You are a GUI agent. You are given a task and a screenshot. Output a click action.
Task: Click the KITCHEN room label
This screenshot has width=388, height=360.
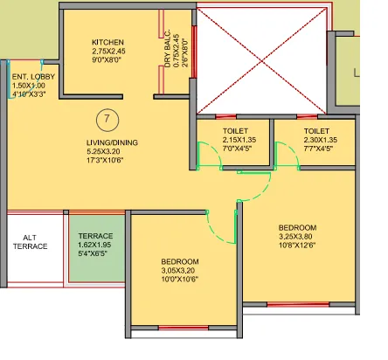point(108,42)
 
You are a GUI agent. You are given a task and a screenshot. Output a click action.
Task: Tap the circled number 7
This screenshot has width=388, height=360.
point(106,119)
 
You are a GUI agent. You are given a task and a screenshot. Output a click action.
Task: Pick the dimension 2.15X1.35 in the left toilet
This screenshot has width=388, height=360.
point(226,139)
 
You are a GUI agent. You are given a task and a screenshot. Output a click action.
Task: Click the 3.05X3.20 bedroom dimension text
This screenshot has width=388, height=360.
point(181,272)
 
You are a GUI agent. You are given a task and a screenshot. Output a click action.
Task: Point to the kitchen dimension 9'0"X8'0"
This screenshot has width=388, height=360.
point(108,61)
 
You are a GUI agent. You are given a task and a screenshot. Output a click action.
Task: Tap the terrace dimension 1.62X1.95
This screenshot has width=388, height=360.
point(95,246)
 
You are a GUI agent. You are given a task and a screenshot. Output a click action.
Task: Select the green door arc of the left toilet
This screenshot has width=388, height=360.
point(207,158)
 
